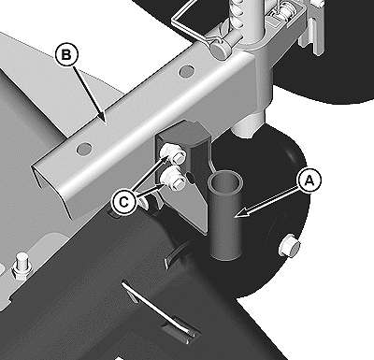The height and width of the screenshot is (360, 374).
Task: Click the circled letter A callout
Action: pos(309,180)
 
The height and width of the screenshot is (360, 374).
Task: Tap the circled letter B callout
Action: pos(66,55)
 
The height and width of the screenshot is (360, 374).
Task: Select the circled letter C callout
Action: pos(124,203)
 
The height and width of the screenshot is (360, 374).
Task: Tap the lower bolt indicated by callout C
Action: pos(173,180)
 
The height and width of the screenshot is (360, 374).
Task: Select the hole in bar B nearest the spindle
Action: pos(187,71)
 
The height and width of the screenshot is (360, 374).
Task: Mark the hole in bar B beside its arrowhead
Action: pos(84,148)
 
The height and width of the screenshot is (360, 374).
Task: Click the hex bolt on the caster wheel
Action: pos(290,245)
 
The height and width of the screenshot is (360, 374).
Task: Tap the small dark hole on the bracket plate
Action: pos(191,178)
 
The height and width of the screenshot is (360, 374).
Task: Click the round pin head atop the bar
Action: pos(220,50)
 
